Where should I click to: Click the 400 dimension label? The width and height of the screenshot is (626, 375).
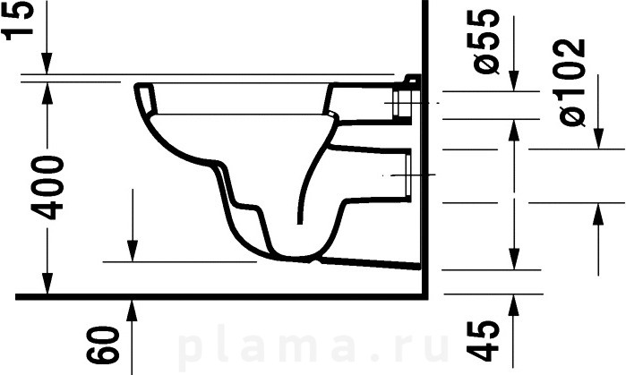tap(47, 188)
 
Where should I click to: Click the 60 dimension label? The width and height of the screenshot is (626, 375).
tap(103, 345)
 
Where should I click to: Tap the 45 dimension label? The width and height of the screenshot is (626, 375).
tap(483, 340)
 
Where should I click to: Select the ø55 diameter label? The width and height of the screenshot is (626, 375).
tap(485, 41)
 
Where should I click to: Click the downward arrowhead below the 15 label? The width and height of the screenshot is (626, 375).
tap(47, 63)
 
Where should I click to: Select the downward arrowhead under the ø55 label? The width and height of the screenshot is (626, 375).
tap(514, 81)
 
